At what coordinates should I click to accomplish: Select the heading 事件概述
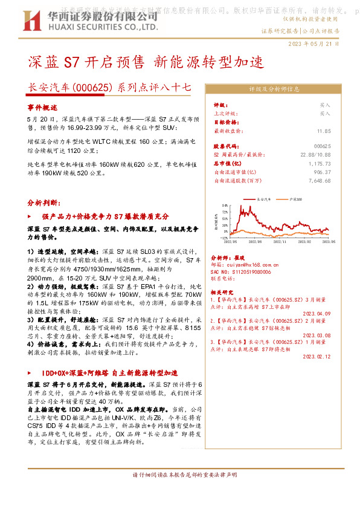coord(42,106)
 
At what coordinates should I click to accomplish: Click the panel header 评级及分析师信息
coord(274,88)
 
